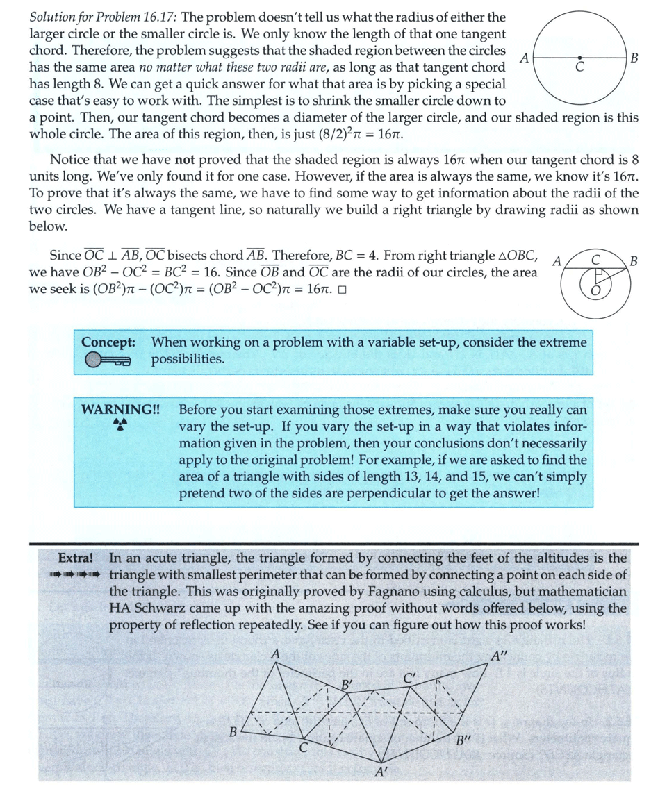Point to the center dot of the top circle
(579, 58)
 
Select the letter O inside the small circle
(594, 292)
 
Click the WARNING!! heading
(121, 409)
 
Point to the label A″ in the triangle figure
(500, 656)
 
